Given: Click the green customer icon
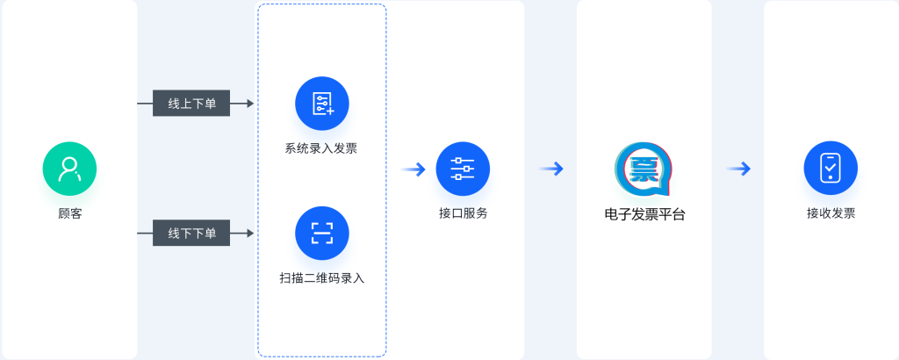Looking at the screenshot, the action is point(69,169).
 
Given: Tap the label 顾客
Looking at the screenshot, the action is point(70,214).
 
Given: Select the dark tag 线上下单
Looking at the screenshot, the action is point(191,104).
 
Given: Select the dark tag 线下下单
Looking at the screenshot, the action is point(191,233).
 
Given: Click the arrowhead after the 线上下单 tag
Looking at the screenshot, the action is point(250,104).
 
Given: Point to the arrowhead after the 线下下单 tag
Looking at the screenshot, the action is point(250,233).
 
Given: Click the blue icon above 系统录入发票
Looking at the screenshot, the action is point(322,104).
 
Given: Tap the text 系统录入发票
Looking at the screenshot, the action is point(321,148).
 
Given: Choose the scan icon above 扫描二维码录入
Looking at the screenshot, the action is point(322,233).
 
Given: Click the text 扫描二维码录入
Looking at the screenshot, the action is point(322,278).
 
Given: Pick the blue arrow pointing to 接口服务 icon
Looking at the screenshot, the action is point(414,169).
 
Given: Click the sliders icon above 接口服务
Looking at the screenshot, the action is point(463,169).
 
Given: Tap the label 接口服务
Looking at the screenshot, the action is point(464,214).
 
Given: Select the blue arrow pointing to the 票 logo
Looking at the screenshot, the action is point(551,169).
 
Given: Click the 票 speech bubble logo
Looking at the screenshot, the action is point(644,169).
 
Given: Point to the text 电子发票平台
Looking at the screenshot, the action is point(645,214).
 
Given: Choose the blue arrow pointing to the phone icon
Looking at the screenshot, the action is point(738,169).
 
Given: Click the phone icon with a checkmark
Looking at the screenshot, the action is point(831,169).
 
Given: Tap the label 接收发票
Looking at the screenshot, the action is point(831,214).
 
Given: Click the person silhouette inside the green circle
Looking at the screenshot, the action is point(69,169).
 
